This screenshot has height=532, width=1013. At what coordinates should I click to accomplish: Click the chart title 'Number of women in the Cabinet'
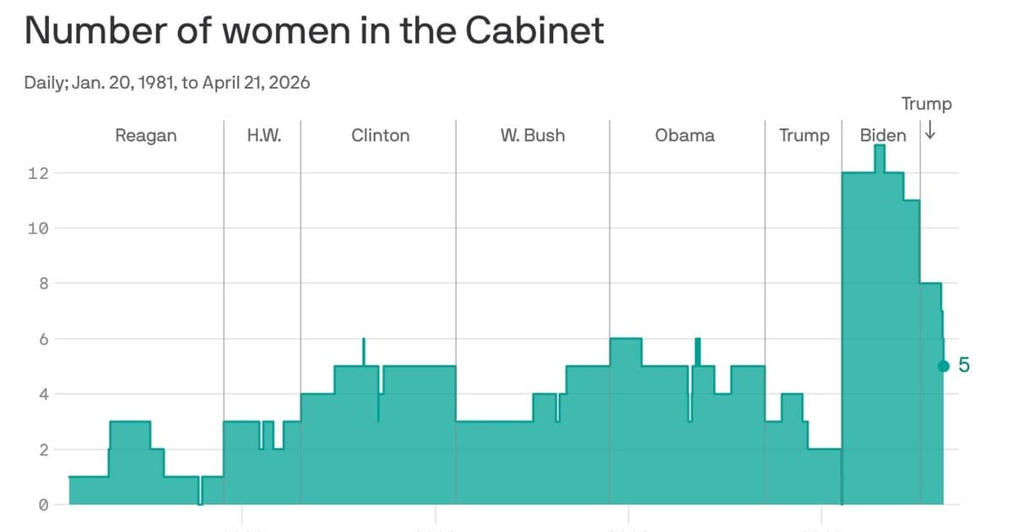tap(314, 32)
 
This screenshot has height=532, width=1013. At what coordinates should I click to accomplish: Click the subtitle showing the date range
tap(168, 84)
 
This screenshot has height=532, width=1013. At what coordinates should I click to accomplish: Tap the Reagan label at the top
tap(146, 136)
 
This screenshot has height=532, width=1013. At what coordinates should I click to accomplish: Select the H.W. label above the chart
tap(263, 136)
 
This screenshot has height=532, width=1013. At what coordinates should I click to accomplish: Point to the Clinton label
tap(380, 136)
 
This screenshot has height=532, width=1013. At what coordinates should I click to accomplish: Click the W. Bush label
tap(533, 136)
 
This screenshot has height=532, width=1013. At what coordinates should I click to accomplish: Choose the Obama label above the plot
tap(685, 136)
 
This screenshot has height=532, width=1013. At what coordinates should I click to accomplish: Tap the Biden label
tap(883, 136)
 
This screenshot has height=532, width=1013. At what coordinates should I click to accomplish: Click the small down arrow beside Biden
tap(930, 132)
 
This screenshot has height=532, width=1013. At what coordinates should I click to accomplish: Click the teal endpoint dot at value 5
tap(944, 366)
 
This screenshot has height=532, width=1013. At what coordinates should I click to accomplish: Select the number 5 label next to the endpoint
tap(964, 366)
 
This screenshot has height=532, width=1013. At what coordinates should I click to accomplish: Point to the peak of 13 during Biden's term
tap(880, 147)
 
